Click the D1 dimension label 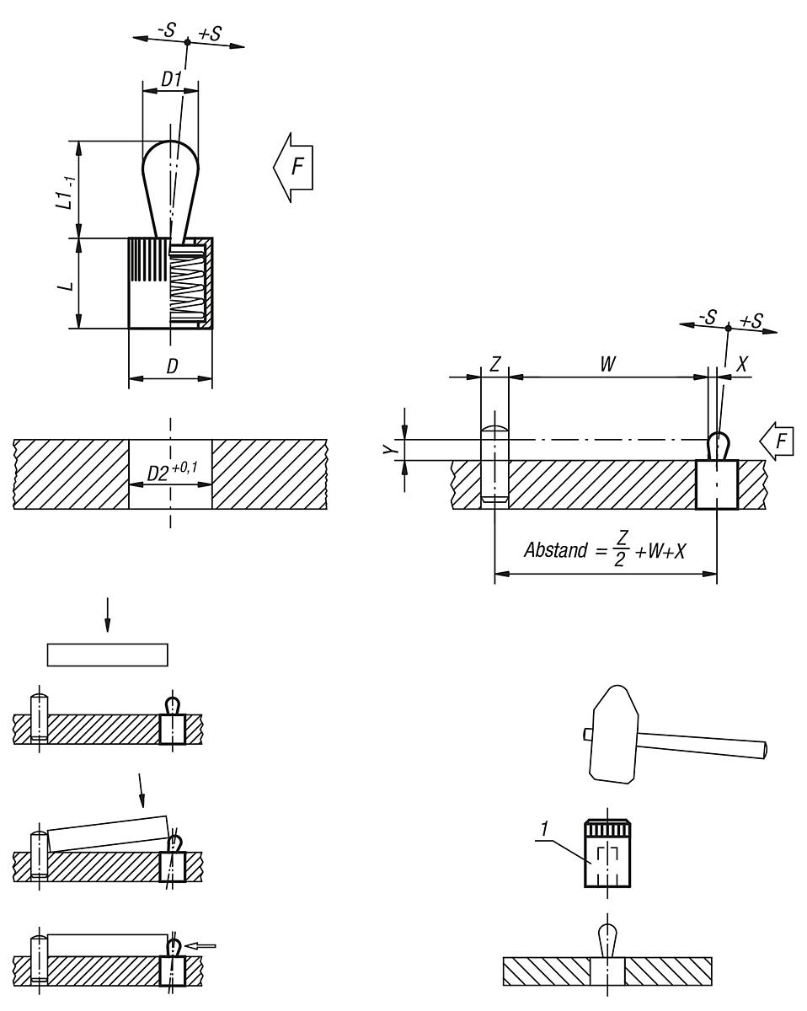171,78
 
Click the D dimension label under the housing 171,367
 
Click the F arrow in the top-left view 293,167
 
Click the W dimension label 607,364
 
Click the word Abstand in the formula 556,550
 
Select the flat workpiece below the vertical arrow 108,655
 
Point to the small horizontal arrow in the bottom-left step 203,945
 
